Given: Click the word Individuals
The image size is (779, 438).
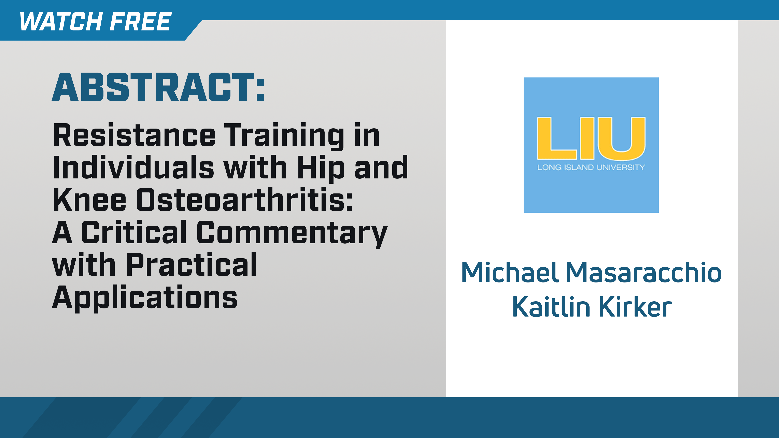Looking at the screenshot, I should pos(133,168).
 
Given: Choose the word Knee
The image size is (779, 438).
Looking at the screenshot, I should pos(89,200).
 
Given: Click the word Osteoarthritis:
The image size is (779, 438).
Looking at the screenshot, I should pos(244,200).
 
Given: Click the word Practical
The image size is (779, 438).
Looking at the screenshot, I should pos(191,265).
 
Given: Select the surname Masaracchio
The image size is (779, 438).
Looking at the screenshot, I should pos(643,273).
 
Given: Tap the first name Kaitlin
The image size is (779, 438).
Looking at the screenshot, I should pos(551,307).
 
